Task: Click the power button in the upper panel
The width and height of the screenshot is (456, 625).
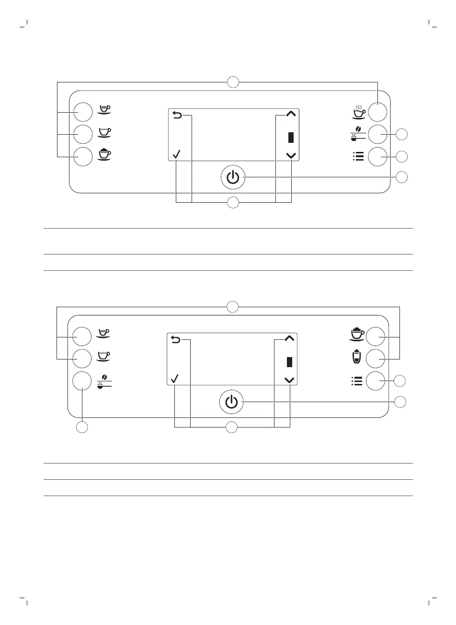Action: [233, 177]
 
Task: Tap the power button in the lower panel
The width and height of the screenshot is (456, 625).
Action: [231, 402]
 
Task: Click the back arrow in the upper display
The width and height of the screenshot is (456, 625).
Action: [177, 115]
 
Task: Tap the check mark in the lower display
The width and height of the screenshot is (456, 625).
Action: [175, 379]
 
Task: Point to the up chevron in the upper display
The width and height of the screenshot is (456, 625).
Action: [291, 114]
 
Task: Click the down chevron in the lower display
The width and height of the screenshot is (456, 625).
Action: [289, 380]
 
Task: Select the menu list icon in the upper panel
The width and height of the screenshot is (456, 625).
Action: [357, 156]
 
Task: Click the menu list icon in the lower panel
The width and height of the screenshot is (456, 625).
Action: [356, 381]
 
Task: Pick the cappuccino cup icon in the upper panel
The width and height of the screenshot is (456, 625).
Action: [104, 154]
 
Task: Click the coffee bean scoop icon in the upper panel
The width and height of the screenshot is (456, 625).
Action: [357, 134]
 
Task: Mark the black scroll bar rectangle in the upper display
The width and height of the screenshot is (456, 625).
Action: [291, 138]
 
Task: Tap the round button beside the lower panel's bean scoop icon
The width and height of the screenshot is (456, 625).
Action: [82, 381]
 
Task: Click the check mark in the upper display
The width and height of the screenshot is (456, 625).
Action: [176, 154]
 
